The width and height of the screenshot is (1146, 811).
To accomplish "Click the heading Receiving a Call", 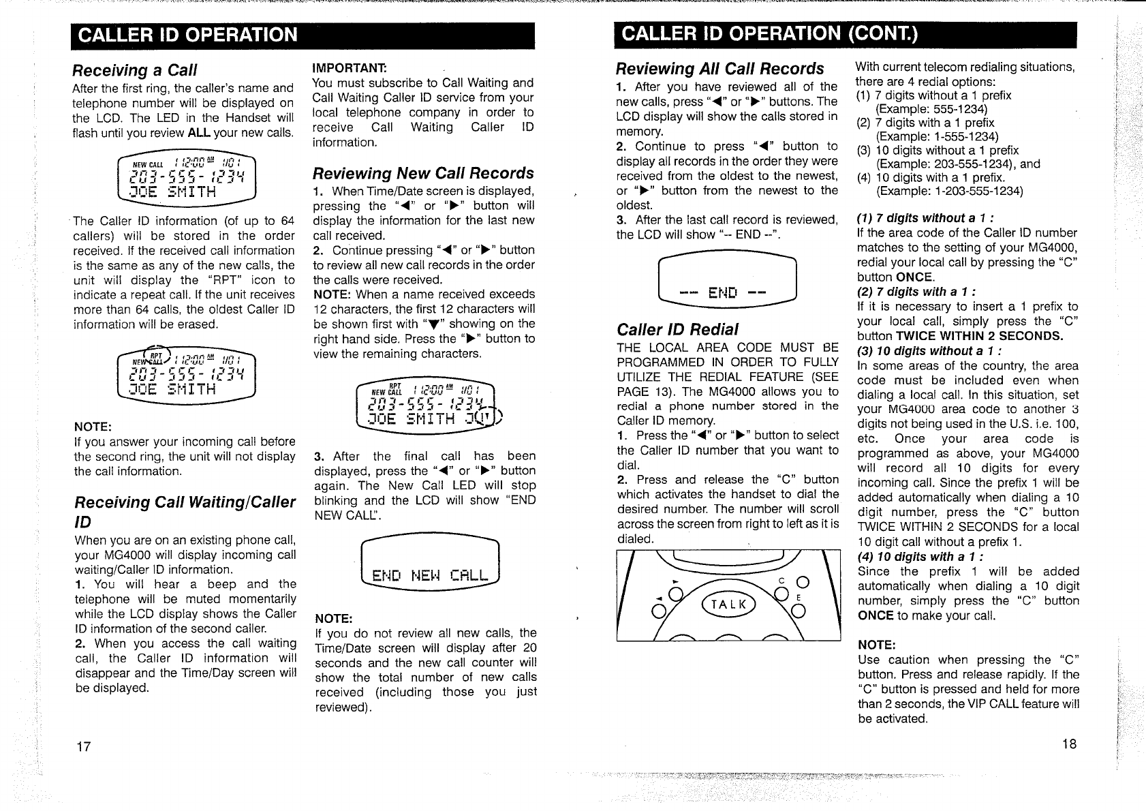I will coord(134,70).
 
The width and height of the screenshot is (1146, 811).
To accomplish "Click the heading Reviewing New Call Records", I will coord(423,173).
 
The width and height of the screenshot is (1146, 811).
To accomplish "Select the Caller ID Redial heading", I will coord(677,330).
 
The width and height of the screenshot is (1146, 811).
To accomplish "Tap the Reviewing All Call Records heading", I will coord(719,69).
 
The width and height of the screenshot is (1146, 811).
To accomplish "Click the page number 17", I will coord(83,746).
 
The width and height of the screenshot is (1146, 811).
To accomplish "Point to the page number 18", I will coord(1069,744).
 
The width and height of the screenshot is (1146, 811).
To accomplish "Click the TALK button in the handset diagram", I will coord(729,605).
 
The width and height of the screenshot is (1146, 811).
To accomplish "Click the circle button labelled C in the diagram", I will coord(801,582).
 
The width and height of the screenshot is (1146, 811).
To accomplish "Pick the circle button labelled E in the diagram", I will coord(799,611).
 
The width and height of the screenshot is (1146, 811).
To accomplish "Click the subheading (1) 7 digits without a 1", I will coord(925,218).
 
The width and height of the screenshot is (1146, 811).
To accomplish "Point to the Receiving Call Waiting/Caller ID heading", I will coord(184,511).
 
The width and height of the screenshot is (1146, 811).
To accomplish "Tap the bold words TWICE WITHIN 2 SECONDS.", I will coord(980,336).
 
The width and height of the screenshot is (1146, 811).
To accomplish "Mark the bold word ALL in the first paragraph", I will coord(198,133).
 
